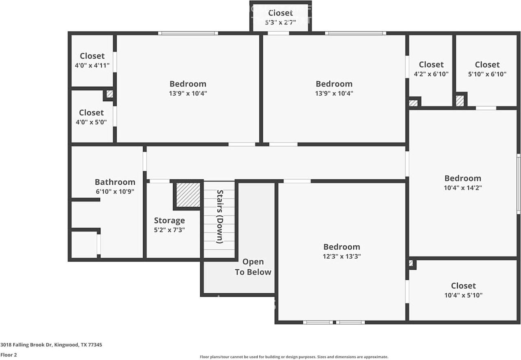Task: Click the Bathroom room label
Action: click(115, 182)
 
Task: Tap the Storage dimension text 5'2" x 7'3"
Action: click(169, 230)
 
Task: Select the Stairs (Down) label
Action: click(220, 216)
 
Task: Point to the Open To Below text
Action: click(253, 267)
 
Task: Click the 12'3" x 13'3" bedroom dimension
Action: click(341, 256)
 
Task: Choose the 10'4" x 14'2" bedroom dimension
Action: click(463, 188)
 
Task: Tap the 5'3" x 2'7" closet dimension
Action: click(280, 22)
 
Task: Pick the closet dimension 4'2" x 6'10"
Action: click(431, 74)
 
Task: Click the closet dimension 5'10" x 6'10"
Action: click(487, 74)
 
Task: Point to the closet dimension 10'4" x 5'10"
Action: click(463, 295)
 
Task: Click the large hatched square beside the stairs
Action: click(188, 195)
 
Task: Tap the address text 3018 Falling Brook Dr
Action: click(26, 345)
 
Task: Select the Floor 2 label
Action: click(9, 355)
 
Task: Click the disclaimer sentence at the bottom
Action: click(294, 357)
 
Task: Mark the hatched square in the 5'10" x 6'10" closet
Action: click(460, 101)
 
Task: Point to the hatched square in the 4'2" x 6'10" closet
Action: click(413, 103)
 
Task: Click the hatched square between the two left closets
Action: click(110, 94)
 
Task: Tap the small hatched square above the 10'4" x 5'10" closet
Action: click(411, 263)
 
